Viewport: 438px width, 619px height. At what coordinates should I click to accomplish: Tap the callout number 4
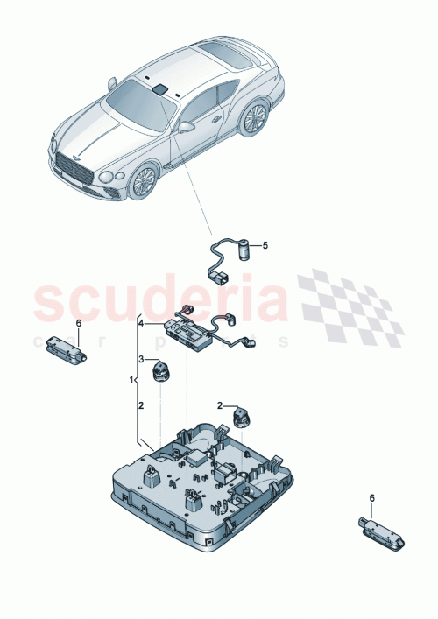coord(138,325)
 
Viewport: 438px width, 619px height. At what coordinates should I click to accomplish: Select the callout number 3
coord(138,359)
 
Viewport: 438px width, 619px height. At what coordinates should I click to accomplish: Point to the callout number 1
coord(133,382)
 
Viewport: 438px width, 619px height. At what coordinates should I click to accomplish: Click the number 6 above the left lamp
coord(78,324)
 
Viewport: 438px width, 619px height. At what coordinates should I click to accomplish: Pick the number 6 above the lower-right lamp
coord(371,498)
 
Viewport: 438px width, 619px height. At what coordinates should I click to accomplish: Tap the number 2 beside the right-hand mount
coord(221,405)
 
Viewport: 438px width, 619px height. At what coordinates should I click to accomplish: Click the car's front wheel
coord(143,181)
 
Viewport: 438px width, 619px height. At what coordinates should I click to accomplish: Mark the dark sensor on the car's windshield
coord(162,88)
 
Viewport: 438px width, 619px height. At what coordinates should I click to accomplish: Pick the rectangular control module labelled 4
coord(186,332)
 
